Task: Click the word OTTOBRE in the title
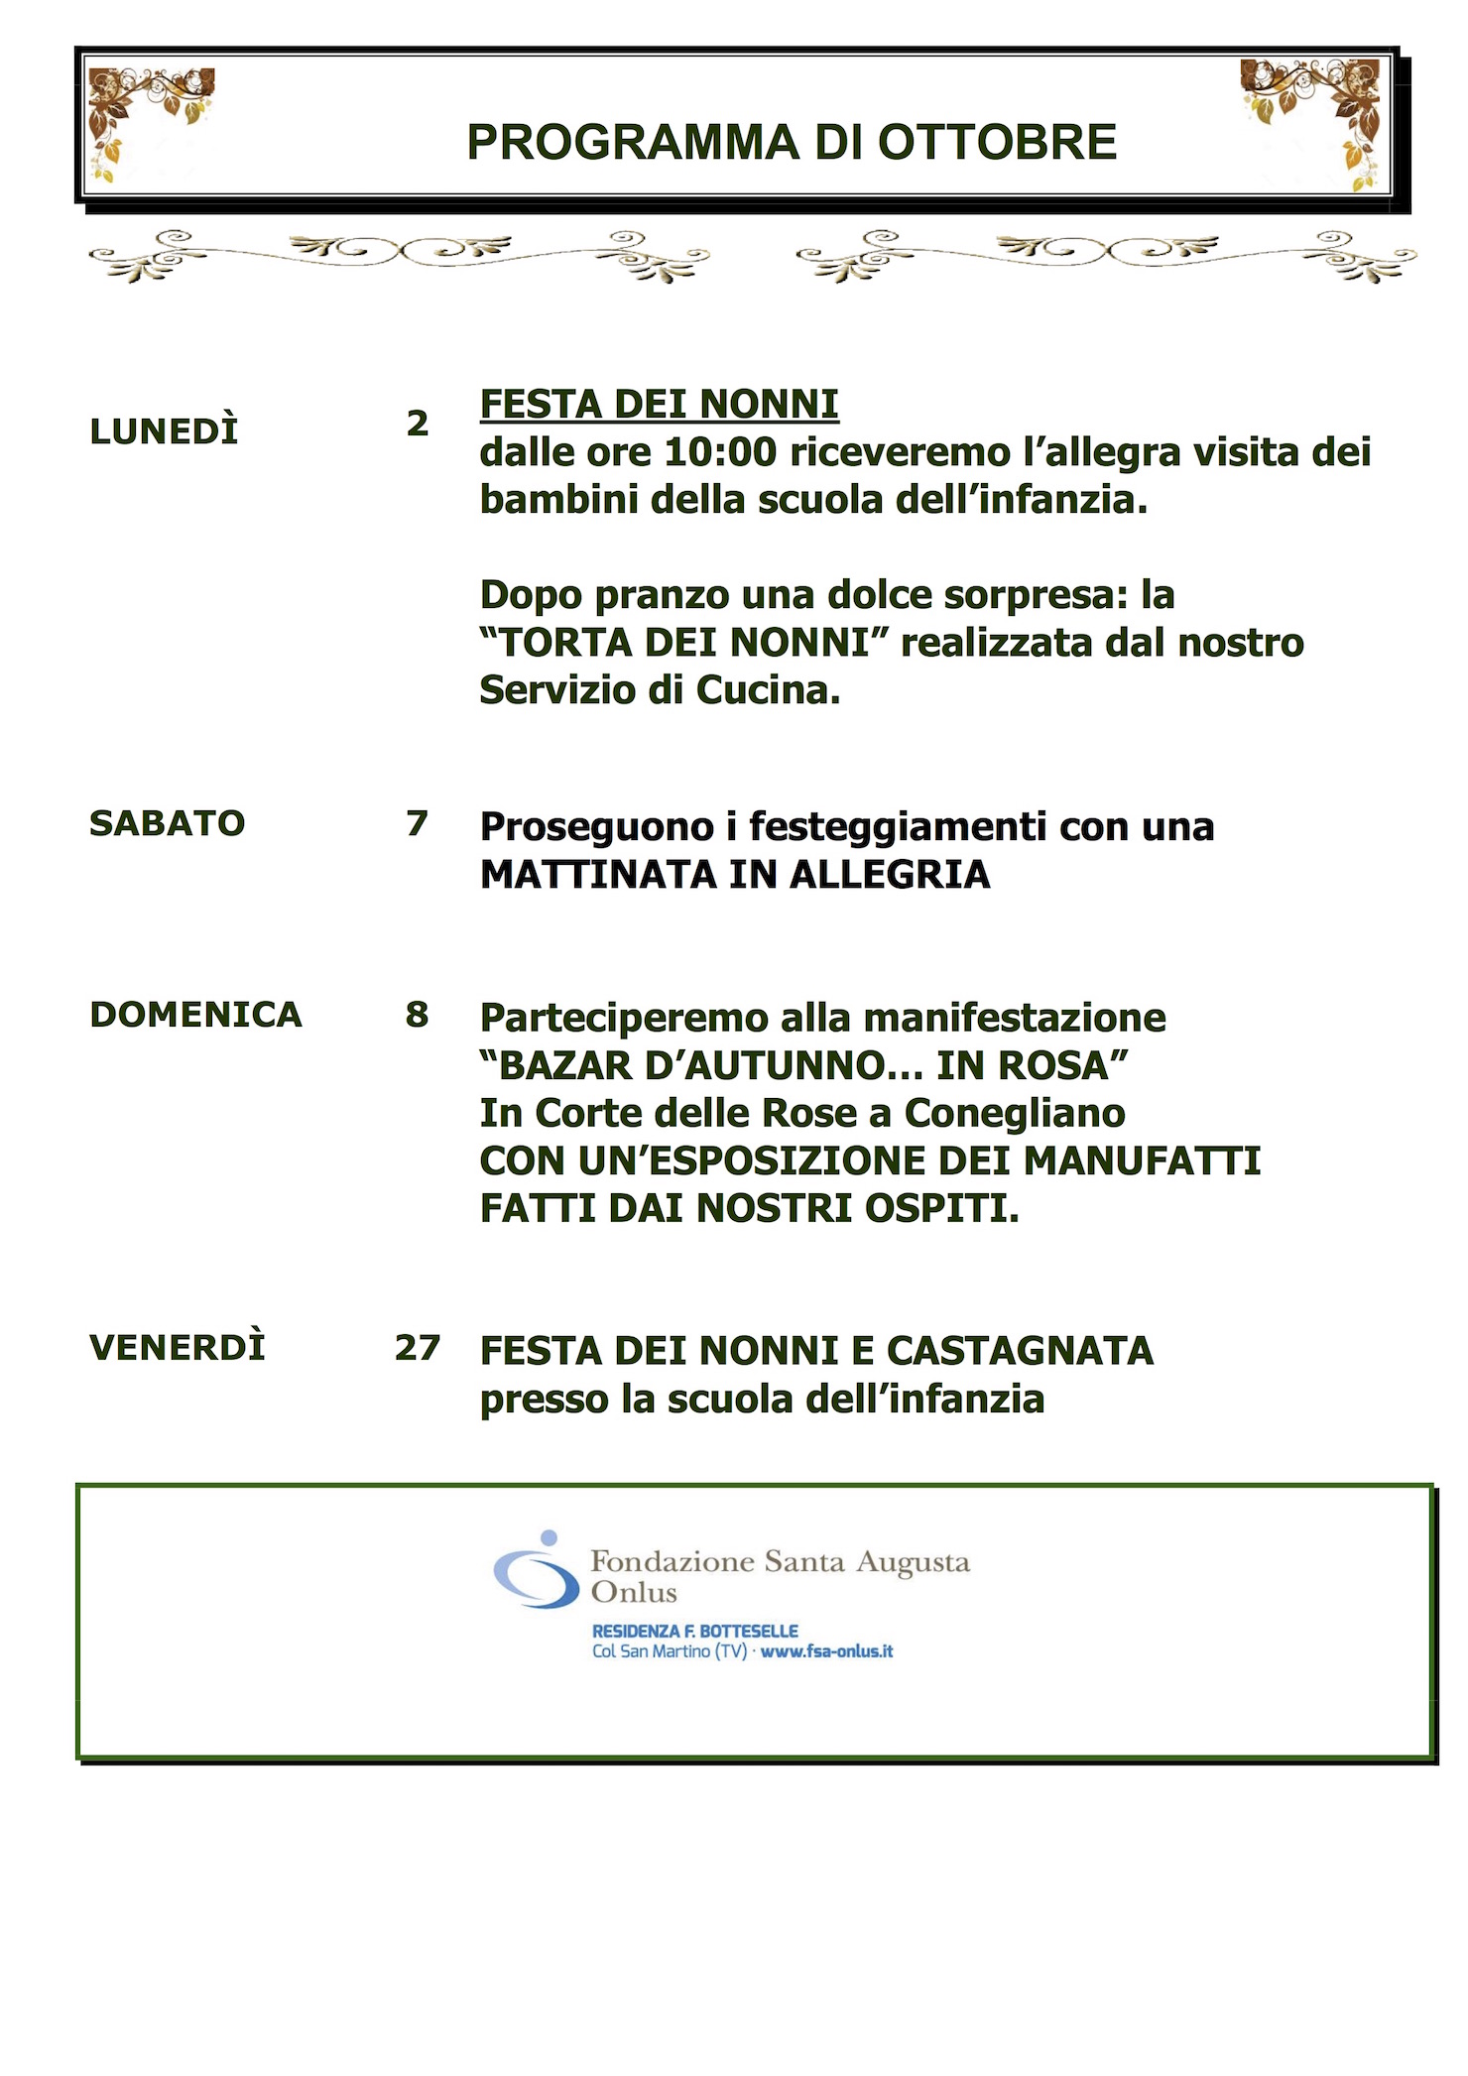coord(997,143)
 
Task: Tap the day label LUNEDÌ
coord(164,431)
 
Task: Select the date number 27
coord(418,1348)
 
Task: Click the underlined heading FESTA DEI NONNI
coord(659,405)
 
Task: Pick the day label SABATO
coord(167,823)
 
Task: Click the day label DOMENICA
coord(195,1015)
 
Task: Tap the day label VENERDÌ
coord(178,1348)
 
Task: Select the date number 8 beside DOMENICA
coord(418,1015)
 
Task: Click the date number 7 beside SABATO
coord(418,823)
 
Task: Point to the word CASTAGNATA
coord(1020,1351)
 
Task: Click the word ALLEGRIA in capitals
coord(890,875)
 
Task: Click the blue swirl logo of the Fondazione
coord(537,1570)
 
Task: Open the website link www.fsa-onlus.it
coord(826,1651)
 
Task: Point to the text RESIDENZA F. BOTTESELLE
coord(694,1631)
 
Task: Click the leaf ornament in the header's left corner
coord(149,114)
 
